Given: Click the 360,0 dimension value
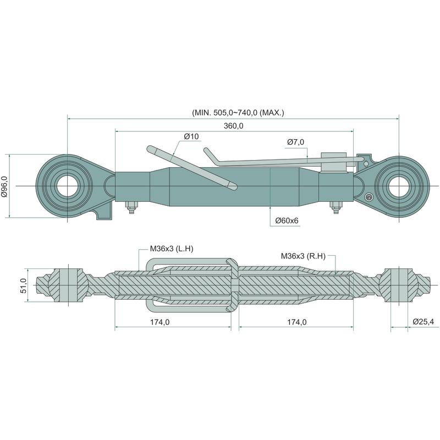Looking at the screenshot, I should pos(234,126).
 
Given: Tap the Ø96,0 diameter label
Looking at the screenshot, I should pos(5,186).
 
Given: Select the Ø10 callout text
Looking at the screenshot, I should pos(191,136).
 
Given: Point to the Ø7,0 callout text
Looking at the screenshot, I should pos(295,142).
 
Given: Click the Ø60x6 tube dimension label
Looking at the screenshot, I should pos(287,221).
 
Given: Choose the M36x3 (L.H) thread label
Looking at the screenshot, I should pos(172,249).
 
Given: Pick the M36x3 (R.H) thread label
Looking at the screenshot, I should pos(303,255).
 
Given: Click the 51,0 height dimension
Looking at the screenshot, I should pos(23,284).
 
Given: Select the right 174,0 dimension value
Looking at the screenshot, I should pos(296,322).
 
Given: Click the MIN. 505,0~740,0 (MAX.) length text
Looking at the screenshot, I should pos(238,112).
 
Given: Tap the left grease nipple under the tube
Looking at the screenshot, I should pos(131,208).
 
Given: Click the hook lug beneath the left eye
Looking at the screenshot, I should pos(104,212).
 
